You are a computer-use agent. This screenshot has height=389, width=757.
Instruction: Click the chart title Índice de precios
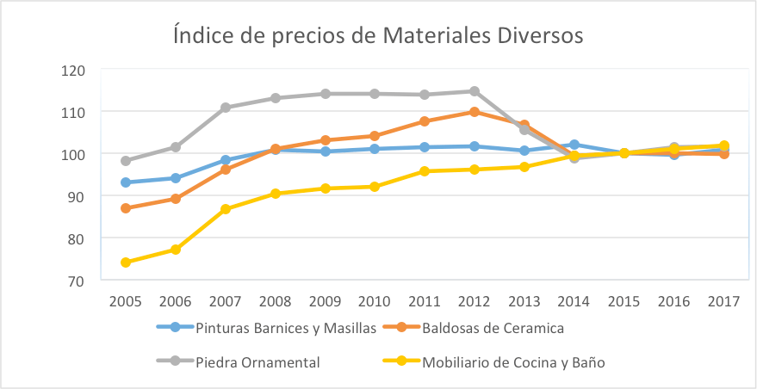tap(378, 36)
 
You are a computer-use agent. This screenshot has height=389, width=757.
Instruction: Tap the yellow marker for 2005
tap(126, 262)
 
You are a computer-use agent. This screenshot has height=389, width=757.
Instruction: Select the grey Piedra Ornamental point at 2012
tap(475, 91)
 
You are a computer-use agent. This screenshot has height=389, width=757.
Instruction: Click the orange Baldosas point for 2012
tap(475, 112)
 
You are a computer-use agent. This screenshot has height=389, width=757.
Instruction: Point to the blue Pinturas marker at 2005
tap(126, 182)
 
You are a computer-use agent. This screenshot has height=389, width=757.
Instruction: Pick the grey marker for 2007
tap(226, 108)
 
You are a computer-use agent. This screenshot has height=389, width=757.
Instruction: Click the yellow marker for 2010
tap(375, 187)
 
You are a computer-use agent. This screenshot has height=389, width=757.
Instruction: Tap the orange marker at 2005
tap(126, 208)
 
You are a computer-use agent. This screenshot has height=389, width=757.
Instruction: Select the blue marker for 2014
tap(574, 145)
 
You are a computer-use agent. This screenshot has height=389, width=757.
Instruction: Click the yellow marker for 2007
tap(226, 209)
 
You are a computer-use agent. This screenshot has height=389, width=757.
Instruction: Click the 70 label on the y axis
tap(76, 281)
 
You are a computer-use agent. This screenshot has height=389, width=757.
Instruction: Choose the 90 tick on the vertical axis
tap(76, 196)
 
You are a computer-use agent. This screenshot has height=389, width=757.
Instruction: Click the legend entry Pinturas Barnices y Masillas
tap(285, 328)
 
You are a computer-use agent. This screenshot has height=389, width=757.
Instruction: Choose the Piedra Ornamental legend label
tap(258, 362)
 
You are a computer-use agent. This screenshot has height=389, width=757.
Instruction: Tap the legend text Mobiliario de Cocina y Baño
tap(513, 362)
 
